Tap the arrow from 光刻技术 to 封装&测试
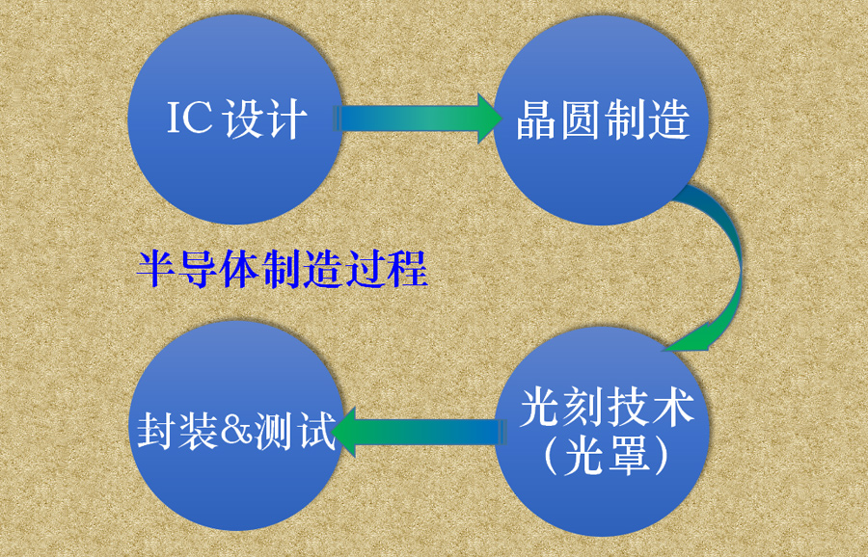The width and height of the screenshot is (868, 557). click(424, 430)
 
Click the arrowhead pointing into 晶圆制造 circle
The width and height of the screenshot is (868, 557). click(488, 119)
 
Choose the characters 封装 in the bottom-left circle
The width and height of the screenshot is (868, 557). click(177, 431)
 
